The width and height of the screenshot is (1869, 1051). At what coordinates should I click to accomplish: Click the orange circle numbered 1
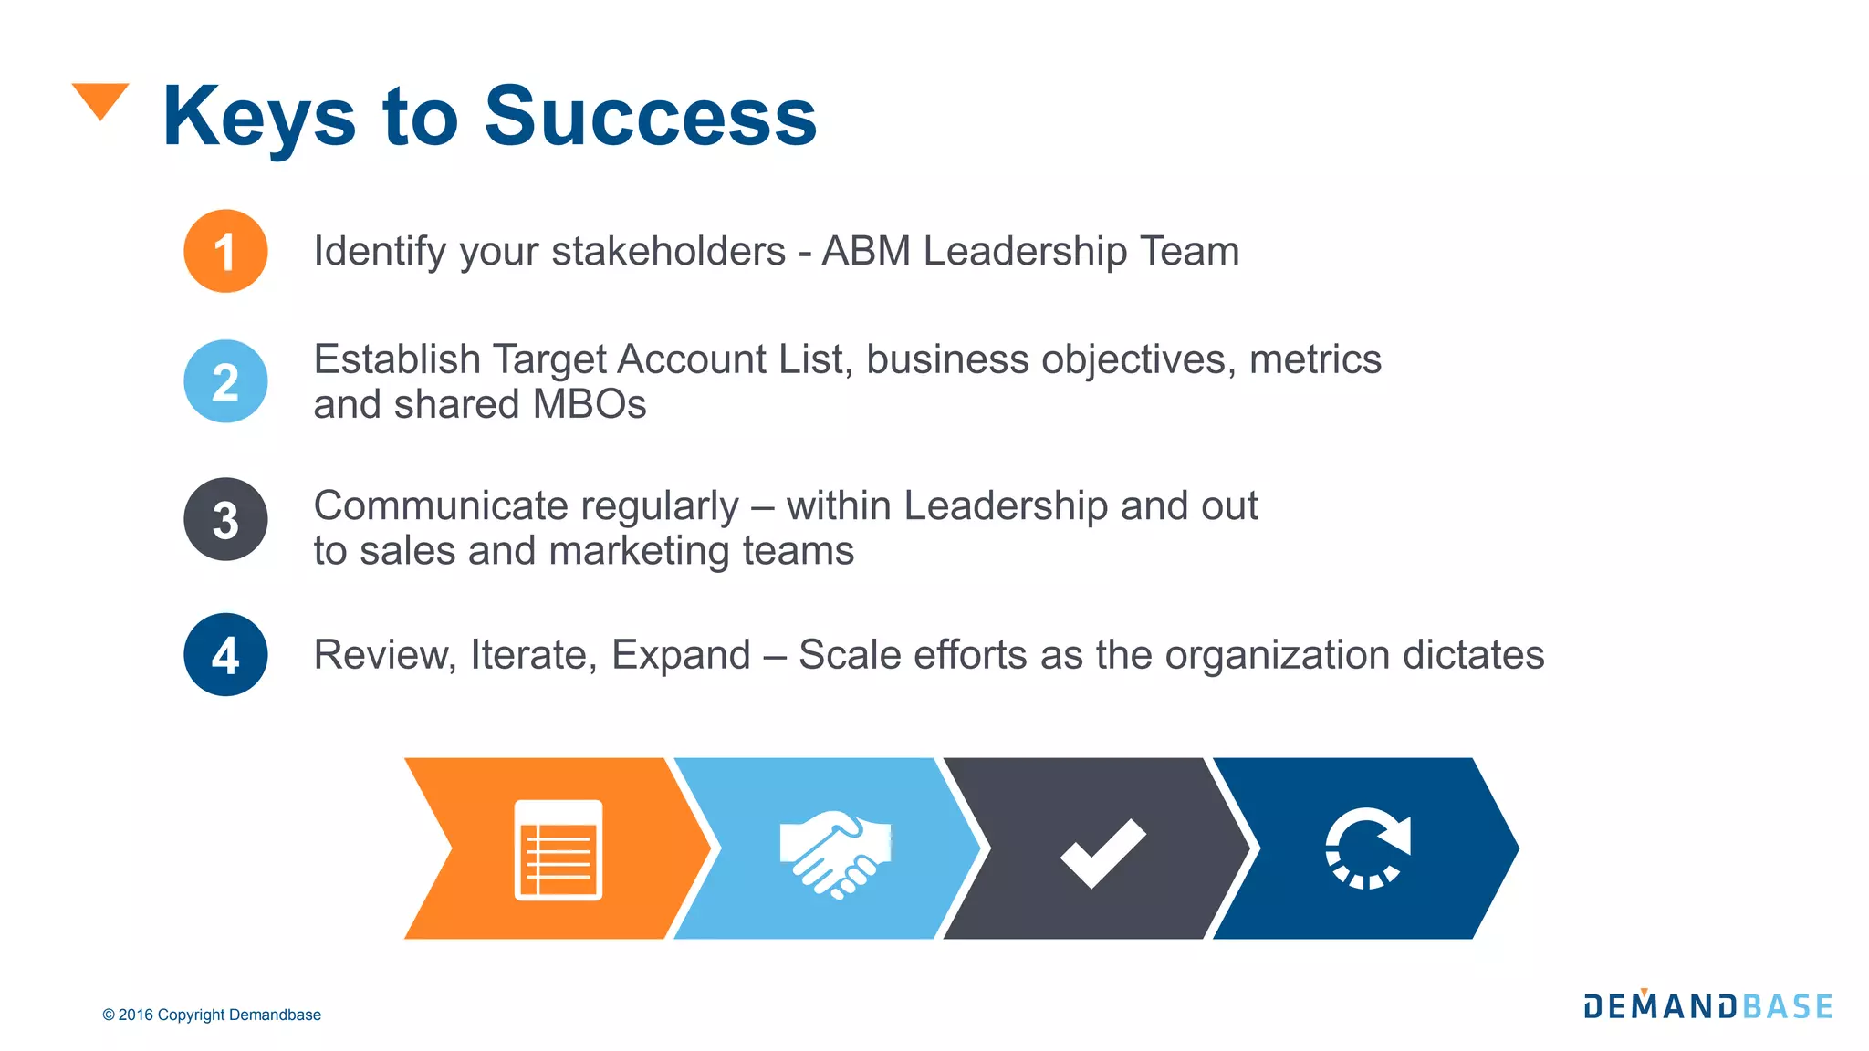click(225, 251)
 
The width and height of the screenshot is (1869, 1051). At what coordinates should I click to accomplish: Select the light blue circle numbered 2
click(225, 381)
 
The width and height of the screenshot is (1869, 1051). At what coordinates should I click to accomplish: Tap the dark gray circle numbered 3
click(225, 519)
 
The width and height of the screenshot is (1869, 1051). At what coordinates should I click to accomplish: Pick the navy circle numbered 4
click(225, 654)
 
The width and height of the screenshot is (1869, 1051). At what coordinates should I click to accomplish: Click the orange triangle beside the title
click(100, 99)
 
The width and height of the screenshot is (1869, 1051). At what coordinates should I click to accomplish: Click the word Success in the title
click(650, 116)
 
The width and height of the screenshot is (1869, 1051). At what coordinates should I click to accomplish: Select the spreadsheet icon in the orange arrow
click(559, 849)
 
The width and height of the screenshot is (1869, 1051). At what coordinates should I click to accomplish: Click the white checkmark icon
click(1102, 852)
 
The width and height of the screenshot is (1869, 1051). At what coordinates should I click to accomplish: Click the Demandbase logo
click(1707, 1005)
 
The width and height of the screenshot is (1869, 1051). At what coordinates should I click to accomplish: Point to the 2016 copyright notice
click(212, 1015)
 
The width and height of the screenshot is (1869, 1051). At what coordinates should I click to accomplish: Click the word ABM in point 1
click(866, 251)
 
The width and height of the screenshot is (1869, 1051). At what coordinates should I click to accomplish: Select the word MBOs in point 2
click(589, 404)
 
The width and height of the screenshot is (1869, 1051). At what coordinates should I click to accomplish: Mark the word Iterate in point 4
click(534, 655)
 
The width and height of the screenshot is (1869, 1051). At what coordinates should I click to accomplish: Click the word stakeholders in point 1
click(668, 251)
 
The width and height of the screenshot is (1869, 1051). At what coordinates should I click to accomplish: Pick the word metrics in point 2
click(1315, 359)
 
